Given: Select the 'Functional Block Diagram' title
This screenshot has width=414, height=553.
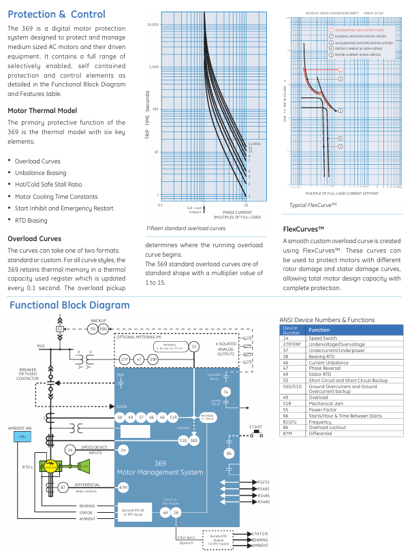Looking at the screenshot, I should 69,305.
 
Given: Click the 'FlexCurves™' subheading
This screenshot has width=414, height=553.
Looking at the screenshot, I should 303,230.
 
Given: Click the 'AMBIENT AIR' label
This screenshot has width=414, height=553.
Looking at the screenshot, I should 20,428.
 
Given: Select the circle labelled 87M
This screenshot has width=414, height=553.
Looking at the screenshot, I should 123,487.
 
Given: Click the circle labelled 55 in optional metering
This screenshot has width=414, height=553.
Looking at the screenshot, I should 194,347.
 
